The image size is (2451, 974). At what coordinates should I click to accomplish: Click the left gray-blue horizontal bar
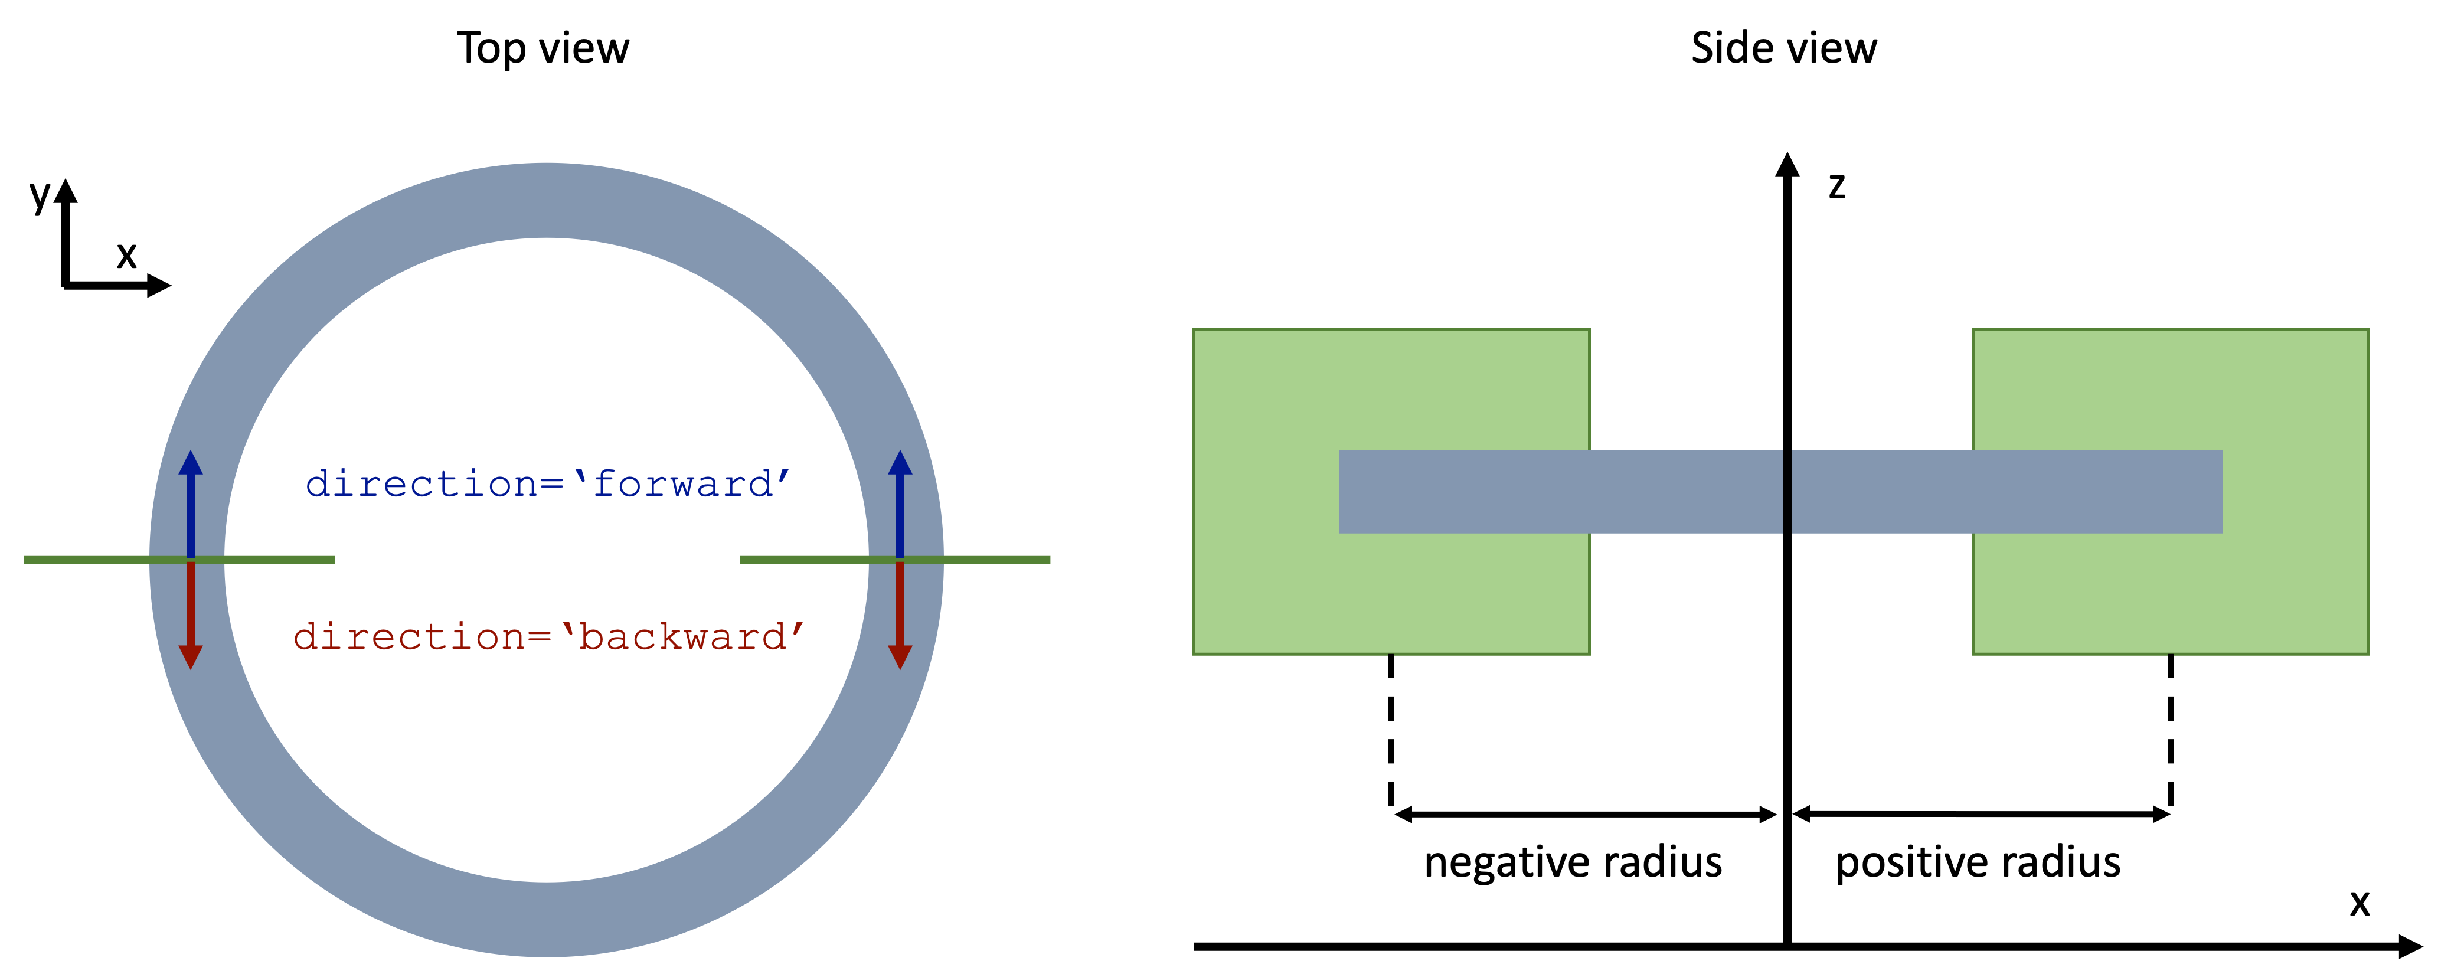point(1560,492)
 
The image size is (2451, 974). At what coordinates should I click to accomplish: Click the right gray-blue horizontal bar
point(2008,492)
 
